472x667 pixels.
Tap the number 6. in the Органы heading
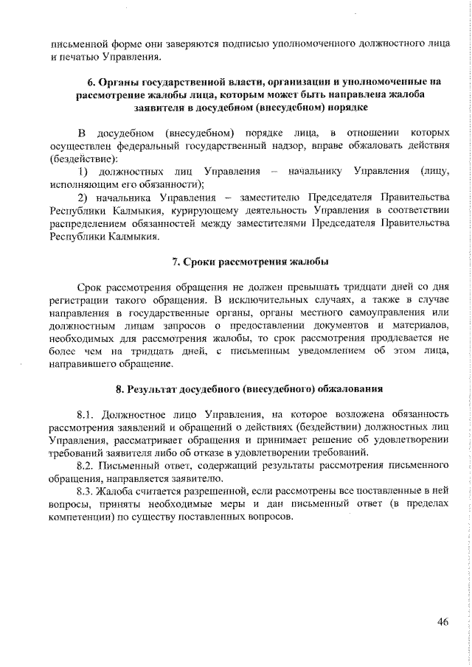(91, 83)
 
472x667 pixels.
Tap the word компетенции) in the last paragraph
(82, 517)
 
